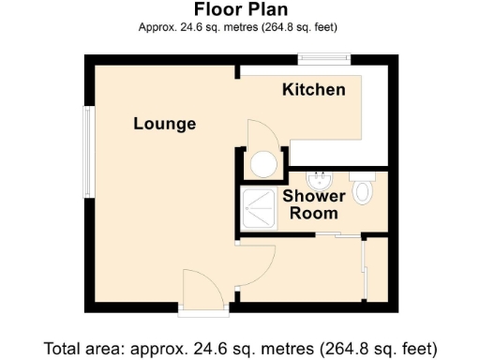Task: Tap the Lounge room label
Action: pos(164,124)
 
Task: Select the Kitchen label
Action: pos(314,90)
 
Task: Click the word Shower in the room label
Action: pos(314,196)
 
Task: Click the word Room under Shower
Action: pos(313,213)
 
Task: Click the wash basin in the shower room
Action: pos(320,178)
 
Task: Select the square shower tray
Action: pos(260,206)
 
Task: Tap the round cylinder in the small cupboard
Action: pos(262,166)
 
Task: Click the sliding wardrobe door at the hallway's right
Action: pos(364,272)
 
